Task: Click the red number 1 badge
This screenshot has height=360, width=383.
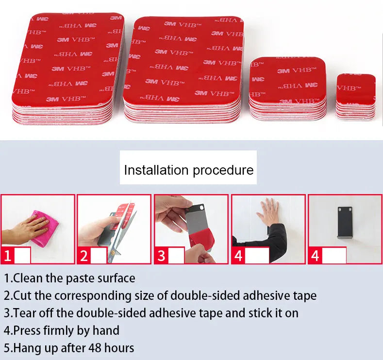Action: coord(8,255)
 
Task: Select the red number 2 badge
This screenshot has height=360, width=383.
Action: coord(84,255)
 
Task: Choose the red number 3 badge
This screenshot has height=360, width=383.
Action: coord(162,255)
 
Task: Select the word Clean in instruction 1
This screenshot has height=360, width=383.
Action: coord(29,278)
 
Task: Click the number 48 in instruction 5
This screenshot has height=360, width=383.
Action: coord(95,348)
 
